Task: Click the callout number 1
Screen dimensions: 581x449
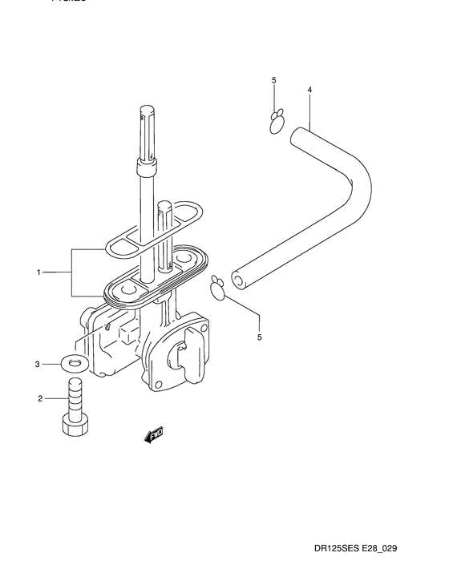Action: click(38, 273)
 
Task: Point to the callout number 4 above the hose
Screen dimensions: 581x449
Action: click(309, 81)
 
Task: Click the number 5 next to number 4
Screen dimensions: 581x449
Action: click(273, 81)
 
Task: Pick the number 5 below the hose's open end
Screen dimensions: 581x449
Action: click(259, 337)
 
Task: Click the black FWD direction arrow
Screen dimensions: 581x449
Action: click(152, 434)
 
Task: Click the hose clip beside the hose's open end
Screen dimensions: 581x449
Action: click(217, 284)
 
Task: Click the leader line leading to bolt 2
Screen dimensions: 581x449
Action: click(55, 397)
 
